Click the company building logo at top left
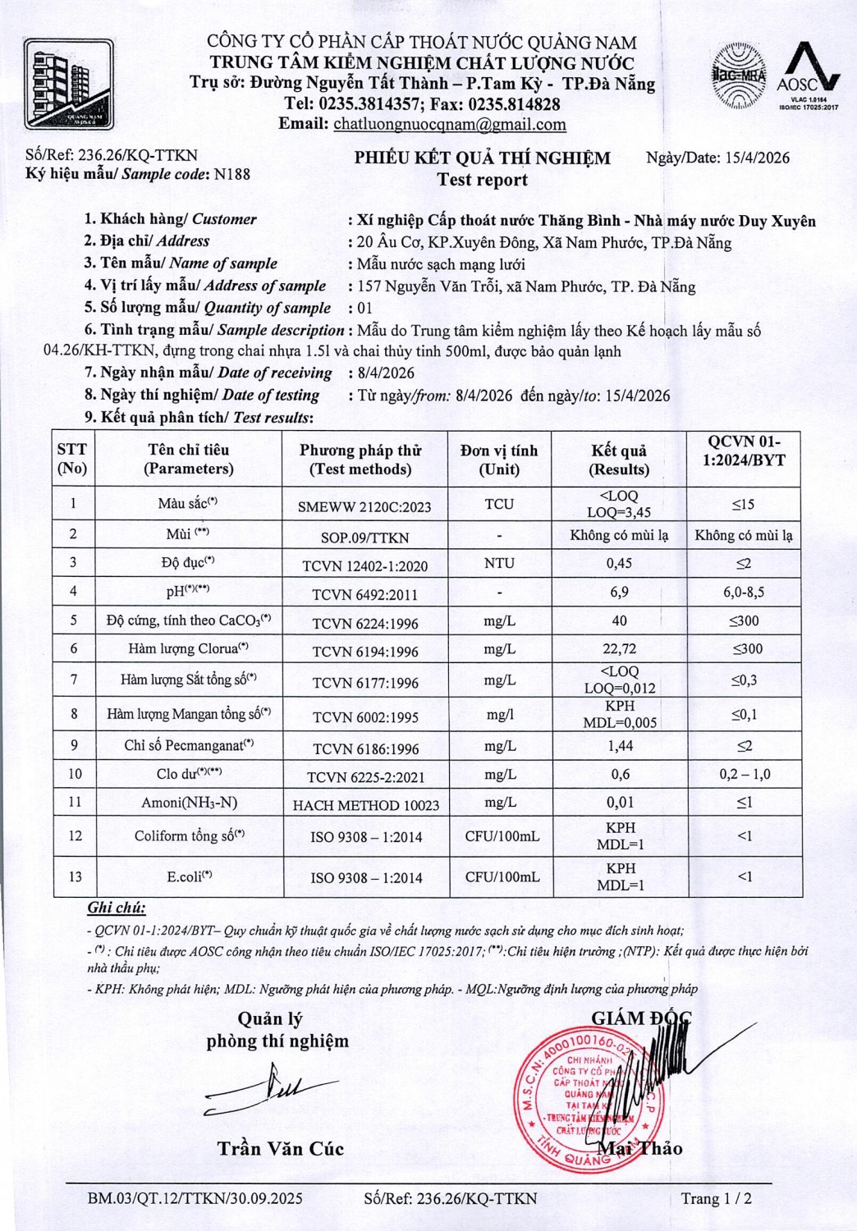pos(68,85)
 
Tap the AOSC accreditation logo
pos(808,76)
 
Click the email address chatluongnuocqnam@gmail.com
pos(449,125)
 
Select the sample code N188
pos(231,174)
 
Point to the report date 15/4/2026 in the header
pos(758,158)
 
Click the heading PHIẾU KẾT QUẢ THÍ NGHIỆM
pos(482,158)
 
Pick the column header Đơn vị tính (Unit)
pos(499,460)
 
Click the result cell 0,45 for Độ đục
pos(619,564)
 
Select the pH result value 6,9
pos(619,593)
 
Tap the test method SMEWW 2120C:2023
pos(364,506)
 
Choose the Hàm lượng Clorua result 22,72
pos(619,649)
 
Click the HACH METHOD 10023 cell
pos(365,805)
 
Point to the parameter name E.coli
pos(189,877)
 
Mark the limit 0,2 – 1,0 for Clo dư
pos(744,774)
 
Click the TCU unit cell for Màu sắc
pos(499,504)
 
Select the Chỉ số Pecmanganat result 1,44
pos(619,746)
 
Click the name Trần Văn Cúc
pos(280,1148)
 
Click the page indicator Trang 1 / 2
pos(716,1198)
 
